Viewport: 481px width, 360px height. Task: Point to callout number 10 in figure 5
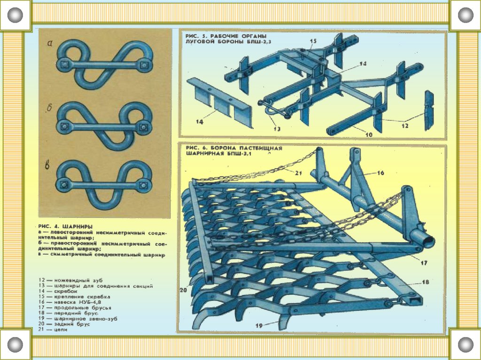click(x=369, y=135)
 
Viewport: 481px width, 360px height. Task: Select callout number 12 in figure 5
click(x=405, y=126)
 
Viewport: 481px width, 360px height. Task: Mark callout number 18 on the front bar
click(x=426, y=282)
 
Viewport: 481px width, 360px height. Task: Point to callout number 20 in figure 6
click(x=183, y=290)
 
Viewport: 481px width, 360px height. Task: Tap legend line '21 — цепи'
click(x=54, y=329)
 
